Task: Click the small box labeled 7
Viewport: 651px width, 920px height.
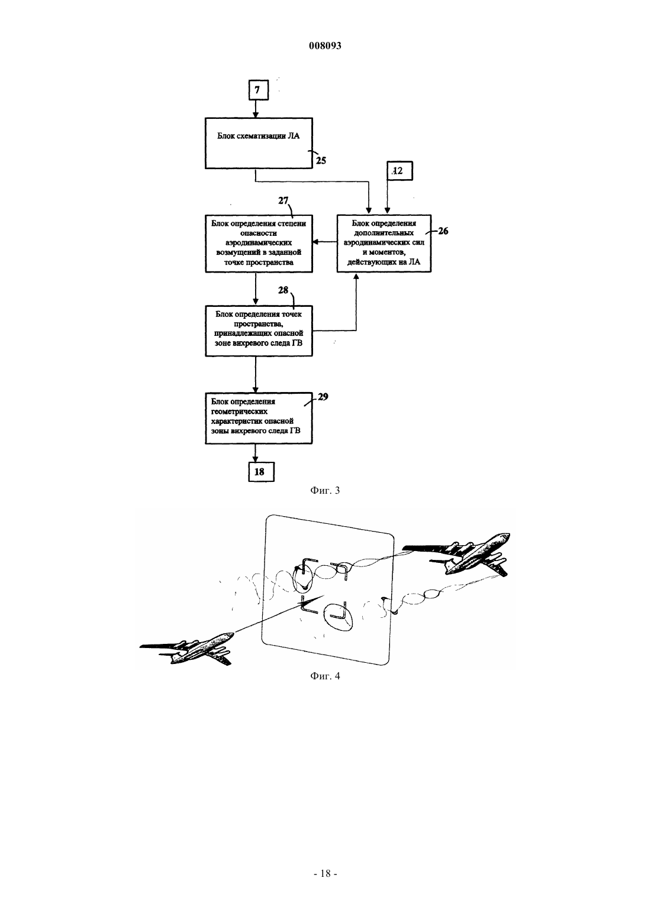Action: [x=258, y=90]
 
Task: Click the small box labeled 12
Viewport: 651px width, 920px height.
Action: [x=399, y=171]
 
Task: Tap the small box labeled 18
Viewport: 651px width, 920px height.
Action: [x=261, y=471]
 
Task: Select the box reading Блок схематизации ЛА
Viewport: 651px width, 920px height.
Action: [x=259, y=143]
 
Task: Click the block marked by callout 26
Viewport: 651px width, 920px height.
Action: [x=384, y=243]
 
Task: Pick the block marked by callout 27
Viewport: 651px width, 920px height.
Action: [x=259, y=243]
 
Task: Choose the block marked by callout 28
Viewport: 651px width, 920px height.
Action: [x=259, y=331]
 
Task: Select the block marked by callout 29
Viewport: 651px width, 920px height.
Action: [x=259, y=418]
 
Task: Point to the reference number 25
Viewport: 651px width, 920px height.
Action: [x=321, y=161]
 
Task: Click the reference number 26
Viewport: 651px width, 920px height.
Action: [x=443, y=231]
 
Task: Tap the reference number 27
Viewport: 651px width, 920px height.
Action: [x=283, y=200]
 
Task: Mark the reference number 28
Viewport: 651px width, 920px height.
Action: [x=283, y=290]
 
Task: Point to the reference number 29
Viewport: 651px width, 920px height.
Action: [x=323, y=397]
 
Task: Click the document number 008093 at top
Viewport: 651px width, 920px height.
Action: [x=325, y=46]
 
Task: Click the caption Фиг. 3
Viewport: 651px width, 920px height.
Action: [x=325, y=490]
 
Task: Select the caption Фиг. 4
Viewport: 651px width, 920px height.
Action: [x=325, y=676]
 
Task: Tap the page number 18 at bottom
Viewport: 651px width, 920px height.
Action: [x=325, y=873]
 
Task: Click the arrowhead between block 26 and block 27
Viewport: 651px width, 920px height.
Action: [x=315, y=242]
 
